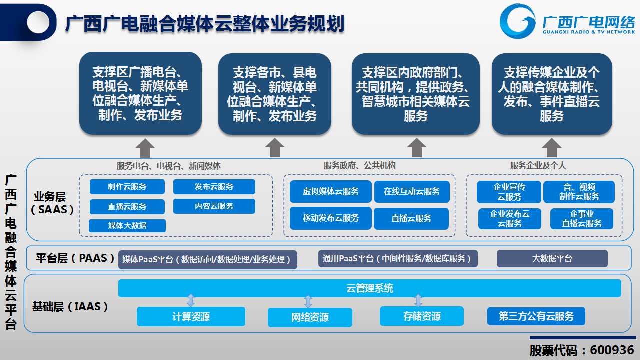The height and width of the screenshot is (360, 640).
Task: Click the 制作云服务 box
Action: click(x=127, y=187)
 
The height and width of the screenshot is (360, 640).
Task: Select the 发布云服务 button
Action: click(x=214, y=187)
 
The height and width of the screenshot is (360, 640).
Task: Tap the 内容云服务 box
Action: click(x=214, y=206)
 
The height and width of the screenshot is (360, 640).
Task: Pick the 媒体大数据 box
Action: click(x=127, y=225)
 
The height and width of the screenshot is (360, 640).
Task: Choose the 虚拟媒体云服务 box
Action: click(x=331, y=191)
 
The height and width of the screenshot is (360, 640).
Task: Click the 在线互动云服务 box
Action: click(x=412, y=191)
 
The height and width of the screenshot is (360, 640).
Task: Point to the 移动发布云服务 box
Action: click(x=331, y=218)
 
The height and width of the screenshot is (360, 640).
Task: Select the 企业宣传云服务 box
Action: click(x=509, y=192)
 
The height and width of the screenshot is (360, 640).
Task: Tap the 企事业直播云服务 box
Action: click(x=582, y=219)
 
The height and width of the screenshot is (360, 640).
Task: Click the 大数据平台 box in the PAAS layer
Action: click(x=552, y=259)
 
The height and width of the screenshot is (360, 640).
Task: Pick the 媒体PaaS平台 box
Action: click(x=207, y=259)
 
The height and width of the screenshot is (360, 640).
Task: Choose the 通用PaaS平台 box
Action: click(x=398, y=259)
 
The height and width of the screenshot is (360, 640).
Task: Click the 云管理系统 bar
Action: click(x=370, y=288)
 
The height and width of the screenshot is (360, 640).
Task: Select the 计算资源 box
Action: click(x=191, y=317)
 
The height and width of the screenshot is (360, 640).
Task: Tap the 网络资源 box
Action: click(x=310, y=317)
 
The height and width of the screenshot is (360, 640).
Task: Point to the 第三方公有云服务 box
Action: click(x=536, y=316)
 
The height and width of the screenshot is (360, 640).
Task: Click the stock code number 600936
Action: click(x=612, y=350)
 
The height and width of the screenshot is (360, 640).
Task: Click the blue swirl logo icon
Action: click(x=517, y=21)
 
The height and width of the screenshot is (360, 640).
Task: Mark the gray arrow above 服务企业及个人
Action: click(x=551, y=148)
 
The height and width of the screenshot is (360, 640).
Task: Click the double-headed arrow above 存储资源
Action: click(x=418, y=301)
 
